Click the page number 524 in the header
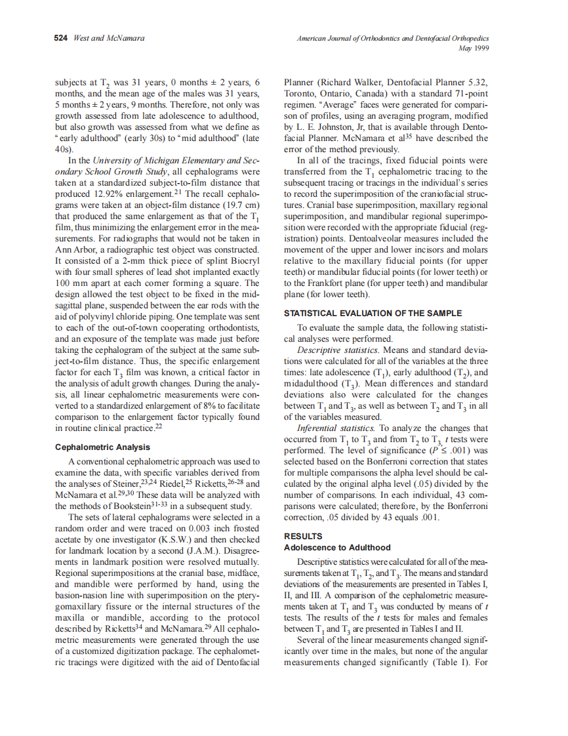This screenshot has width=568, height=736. [61, 39]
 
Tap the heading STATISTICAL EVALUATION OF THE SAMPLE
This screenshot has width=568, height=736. [373, 314]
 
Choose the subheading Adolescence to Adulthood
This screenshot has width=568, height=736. [337, 547]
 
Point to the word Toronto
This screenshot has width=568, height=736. [302, 93]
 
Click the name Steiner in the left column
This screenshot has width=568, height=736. [117, 484]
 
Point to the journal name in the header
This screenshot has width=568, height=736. [393, 39]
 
